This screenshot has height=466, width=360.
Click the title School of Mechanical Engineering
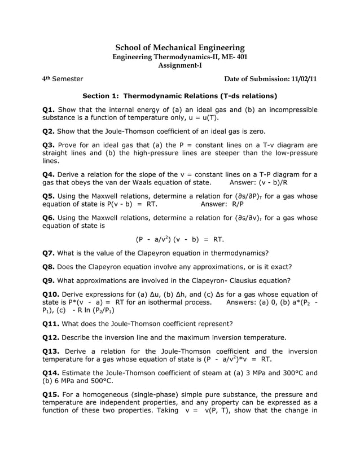pos(180,48)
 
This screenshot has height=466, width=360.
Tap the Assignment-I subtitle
pos(180,65)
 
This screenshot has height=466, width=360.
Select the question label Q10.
pos(51,294)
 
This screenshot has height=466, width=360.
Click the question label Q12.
pos(51,337)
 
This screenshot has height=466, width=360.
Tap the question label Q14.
pos(51,373)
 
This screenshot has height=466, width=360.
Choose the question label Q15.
pos(51,395)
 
